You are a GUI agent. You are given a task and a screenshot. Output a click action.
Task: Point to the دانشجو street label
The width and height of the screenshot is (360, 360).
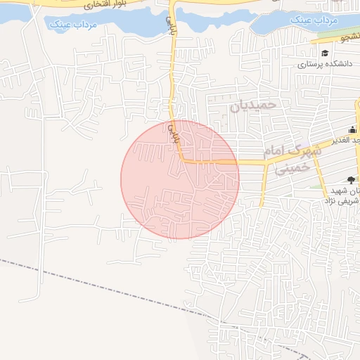coord(347,37)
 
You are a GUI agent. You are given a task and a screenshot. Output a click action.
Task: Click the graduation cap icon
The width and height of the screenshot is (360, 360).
coord(324,53)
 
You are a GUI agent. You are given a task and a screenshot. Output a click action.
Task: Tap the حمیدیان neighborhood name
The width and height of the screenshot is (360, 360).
coord(255,105)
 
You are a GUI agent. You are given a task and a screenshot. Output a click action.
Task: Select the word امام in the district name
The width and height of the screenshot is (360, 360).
coord(274,152)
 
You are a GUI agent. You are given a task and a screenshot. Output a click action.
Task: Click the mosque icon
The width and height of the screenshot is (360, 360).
coord(352,128)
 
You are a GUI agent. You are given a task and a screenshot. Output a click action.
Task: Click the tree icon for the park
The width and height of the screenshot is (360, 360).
coord(351,179)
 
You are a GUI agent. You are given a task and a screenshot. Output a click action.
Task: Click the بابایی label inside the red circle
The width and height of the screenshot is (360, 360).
coord(173,134)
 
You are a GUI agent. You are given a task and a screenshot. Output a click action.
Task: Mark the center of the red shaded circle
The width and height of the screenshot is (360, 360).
coord(180,179)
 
